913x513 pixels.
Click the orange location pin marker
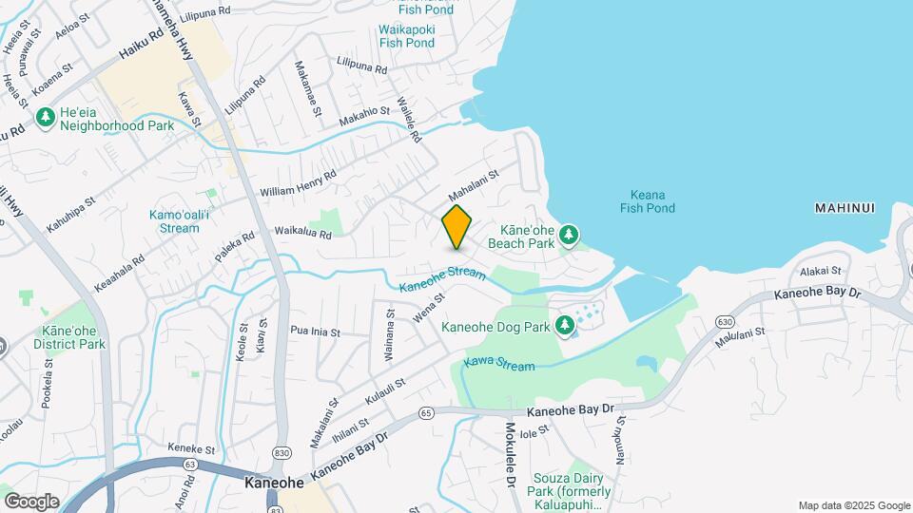pos(456,227)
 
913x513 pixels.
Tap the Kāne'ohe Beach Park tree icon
pos(569,234)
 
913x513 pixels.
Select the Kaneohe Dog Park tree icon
pos(566,326)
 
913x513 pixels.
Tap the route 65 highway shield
pos(425,412)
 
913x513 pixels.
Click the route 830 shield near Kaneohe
pos(282,453)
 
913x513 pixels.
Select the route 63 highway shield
pos(190,465)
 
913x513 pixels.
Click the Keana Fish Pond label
pos(647,201)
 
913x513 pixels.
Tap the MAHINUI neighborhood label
pos(844,208)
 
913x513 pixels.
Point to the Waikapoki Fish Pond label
pos(407,36)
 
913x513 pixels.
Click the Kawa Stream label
pos(499,364)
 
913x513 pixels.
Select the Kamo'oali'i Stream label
pos(174,221)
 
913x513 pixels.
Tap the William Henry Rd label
pos(299,184)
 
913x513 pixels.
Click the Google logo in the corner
pos(31,501)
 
